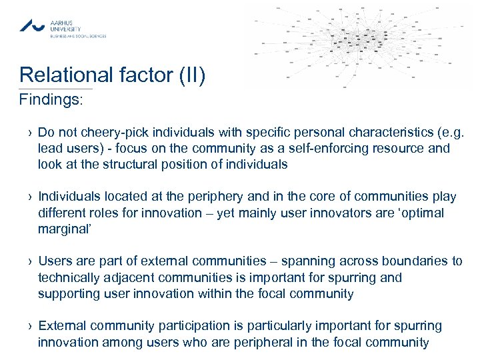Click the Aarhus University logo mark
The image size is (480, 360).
click(32, 26)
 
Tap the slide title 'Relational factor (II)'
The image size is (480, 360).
click(112, 75)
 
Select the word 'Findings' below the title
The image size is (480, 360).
click(49, 100)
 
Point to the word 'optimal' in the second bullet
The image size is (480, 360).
click(422, 213)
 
